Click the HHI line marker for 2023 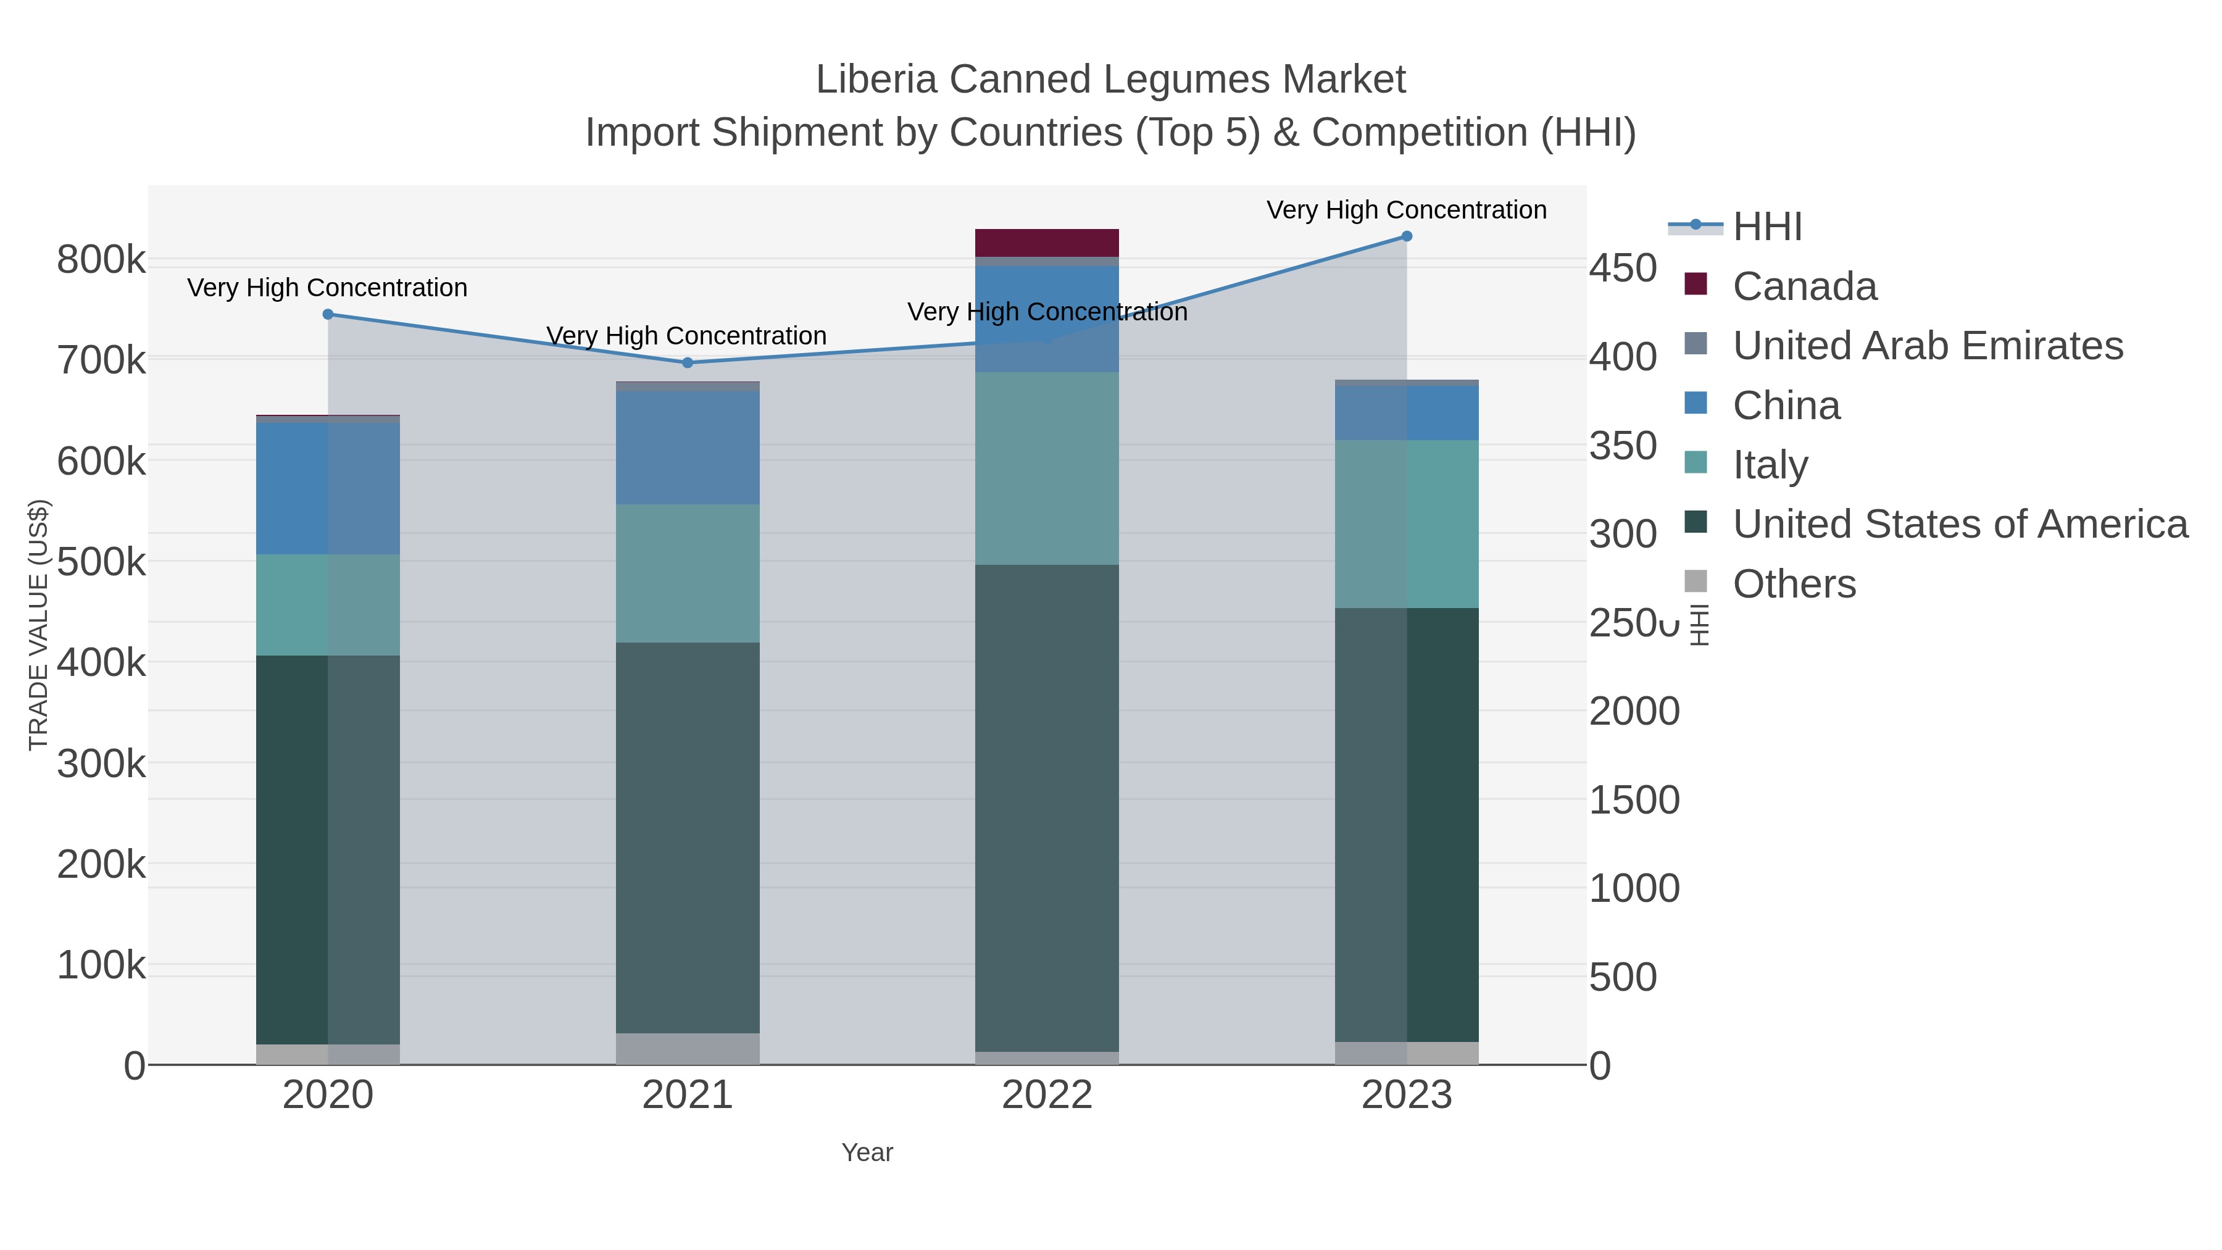pyautogui.click(x=1406, y=236)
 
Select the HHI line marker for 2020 pyautogui.click(x=328, y=315)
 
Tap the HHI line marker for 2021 pyautogui.click(x=688, y=363)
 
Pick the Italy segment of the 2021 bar pyautogui.click(x=688, y=573)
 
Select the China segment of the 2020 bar pyautogui.click(x=328, y=488)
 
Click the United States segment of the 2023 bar pyautogui.click(x=1406, y=825)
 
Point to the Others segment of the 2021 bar pyautogui.click(x=688, y=1048)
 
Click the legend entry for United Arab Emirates pyautogui.click(x=1927, y=346)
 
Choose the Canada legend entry pyautogui.click(x=1805, y=286)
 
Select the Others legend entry pyautogui.click(x=1794, y=584)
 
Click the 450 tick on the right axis pyautogui.click(x=1623, y=269)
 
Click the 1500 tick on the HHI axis pyautogui.click(x=1634, y=801)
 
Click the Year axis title pyautogui.click(x=867, y=1152)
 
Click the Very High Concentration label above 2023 pyautogui.click(x=1406, y=210)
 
